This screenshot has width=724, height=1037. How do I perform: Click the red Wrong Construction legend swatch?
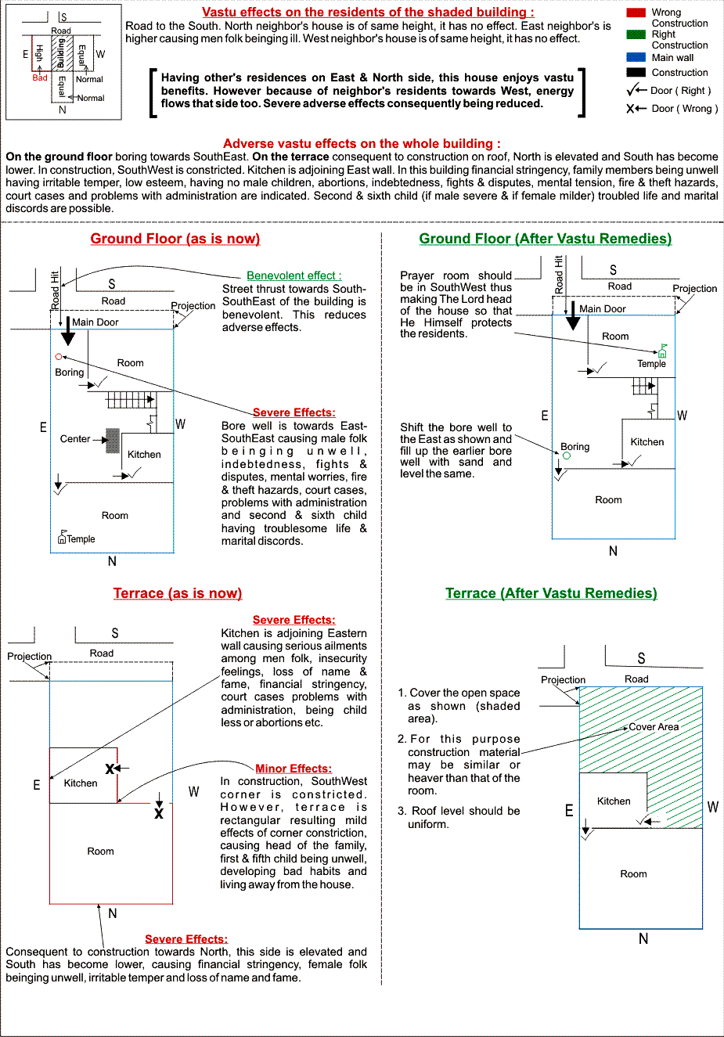[x=636, y=13]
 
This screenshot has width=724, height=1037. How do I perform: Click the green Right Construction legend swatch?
[x=636, y=34]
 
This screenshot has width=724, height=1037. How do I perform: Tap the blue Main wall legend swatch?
[x=636, y=57]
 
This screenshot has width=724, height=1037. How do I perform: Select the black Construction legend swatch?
[x=636, y=72]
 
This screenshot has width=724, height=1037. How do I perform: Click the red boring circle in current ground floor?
[x=59, y=356]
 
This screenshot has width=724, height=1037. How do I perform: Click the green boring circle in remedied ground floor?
[x=567, y=456]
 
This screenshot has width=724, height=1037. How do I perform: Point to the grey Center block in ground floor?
[x=113, y=441]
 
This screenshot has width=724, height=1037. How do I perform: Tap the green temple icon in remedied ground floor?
[x=662, y=351]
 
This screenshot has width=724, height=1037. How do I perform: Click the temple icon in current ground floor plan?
[x=62, y=537]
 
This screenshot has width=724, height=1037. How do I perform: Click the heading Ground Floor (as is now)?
[x=175, y=239]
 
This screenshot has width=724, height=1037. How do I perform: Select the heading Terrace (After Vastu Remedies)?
[x=551, y=593]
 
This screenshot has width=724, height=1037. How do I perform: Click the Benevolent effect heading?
[x=294, y=275]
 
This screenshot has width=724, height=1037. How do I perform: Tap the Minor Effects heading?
[x=294, y=769]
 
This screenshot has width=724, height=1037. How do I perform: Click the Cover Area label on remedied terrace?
[x=654, y=727]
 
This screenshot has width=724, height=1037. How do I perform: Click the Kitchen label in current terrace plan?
[x=81, y=783]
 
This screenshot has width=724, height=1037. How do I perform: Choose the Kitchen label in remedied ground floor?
[x=647, y=441]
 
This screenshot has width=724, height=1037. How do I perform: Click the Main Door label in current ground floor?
[x=95, y=322]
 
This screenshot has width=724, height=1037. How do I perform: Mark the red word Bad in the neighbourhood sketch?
[x=40, y=77]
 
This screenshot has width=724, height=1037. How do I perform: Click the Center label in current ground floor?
[x=75, y=438]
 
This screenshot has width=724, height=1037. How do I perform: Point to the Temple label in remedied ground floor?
[x=651, y=363]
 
